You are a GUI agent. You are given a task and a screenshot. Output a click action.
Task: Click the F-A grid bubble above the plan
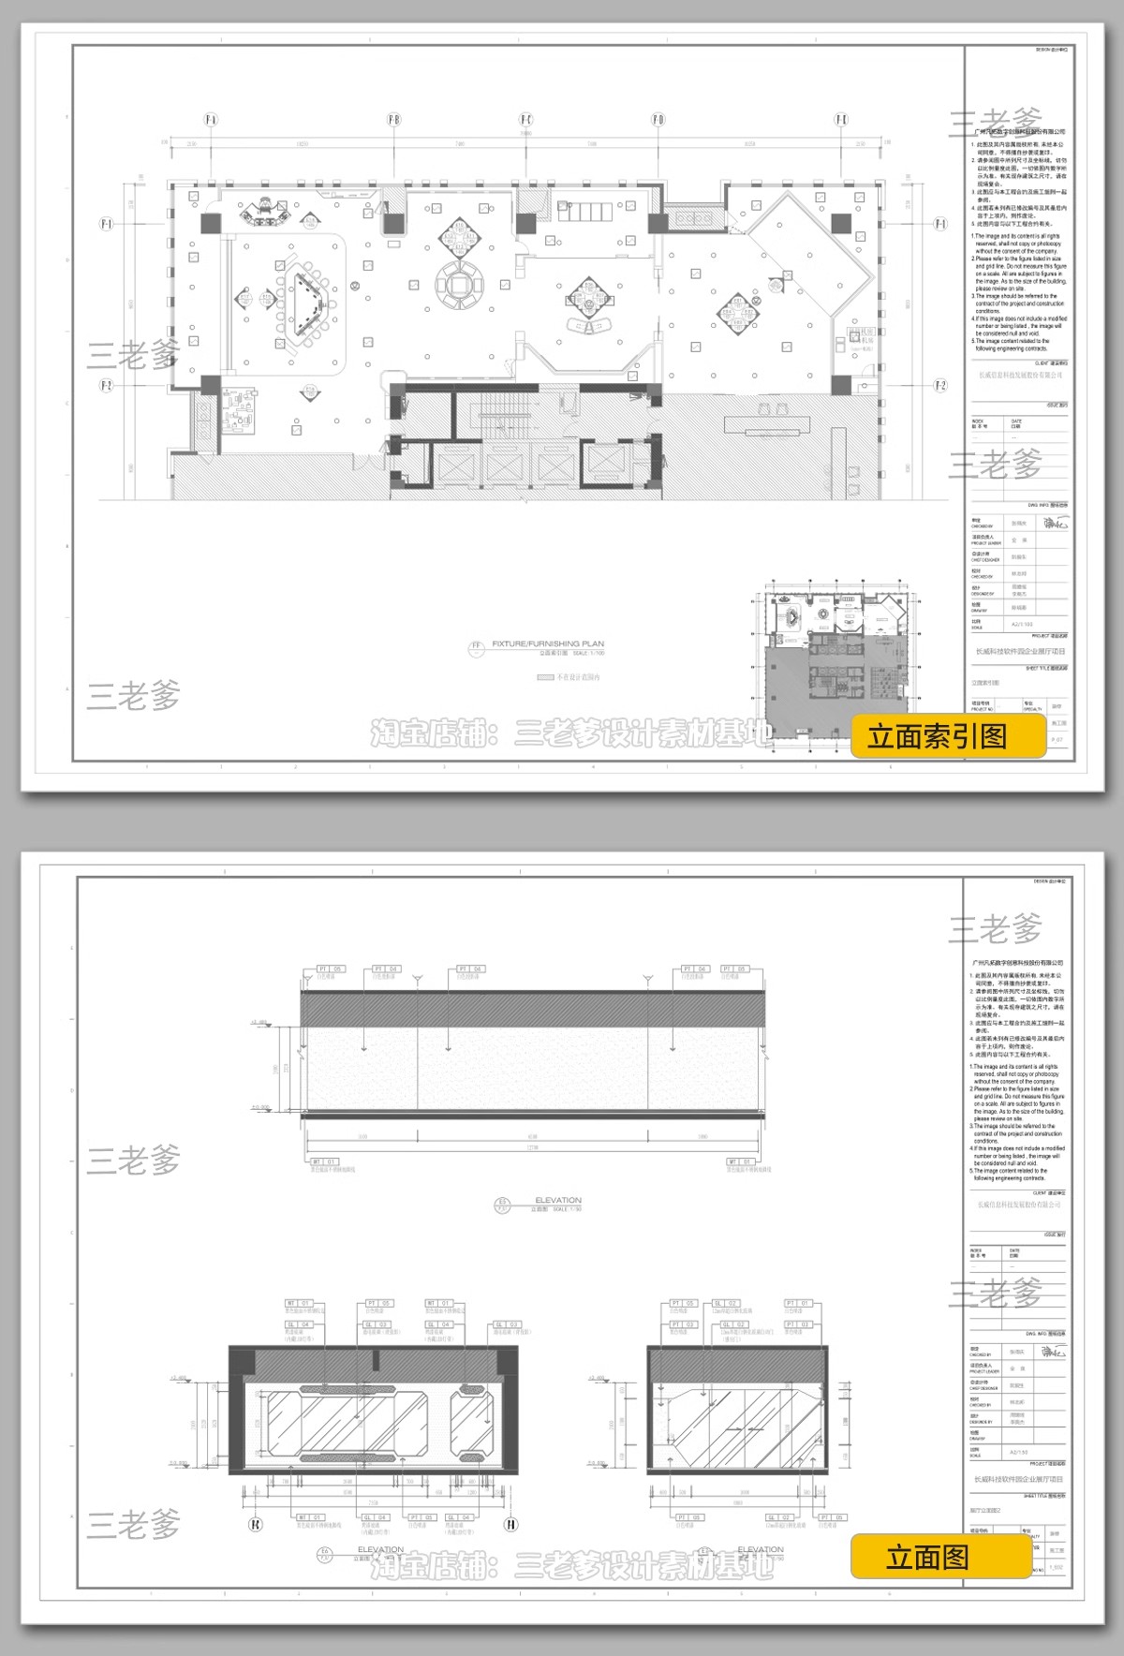[211, 120]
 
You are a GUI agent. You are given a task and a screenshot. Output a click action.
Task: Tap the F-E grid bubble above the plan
[841, 120]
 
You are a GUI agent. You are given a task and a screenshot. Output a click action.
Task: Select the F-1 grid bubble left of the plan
[106, 224]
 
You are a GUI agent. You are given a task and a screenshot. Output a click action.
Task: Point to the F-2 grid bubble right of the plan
[940, 386]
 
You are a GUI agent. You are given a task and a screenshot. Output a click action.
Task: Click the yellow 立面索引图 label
[948, 736]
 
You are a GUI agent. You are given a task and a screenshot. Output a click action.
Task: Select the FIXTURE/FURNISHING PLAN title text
[548, 644]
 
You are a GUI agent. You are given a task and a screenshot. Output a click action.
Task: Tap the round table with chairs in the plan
[460, 283]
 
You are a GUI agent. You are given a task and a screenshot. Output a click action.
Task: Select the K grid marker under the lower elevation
[256, 1524]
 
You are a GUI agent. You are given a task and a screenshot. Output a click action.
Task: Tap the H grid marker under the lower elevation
[511, 1524]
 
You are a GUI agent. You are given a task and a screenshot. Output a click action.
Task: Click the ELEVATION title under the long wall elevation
[558, 1200]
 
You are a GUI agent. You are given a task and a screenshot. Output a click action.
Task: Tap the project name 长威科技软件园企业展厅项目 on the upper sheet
[1019, 651]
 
